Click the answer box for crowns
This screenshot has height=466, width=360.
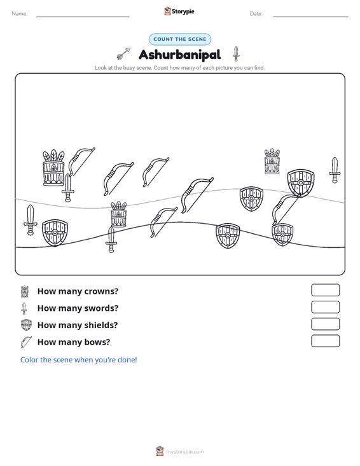tap(325, 290)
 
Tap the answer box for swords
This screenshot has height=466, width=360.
tap(325, 307)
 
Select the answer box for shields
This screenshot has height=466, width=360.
tap(325, 324)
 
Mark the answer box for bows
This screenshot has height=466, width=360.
tap(325, 341)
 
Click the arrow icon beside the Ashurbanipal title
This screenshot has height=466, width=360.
tap(123, 53)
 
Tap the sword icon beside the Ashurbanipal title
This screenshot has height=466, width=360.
tap(236, 53)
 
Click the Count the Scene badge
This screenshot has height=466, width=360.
tap(180, 39)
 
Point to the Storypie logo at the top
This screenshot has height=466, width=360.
tap(179, 11)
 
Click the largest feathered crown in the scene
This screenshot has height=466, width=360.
tap(53, 168)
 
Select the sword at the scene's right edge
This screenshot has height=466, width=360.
tap(335, 170)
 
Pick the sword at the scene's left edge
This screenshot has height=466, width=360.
tap(31, 220)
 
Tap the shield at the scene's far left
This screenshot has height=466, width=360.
tap(55, 233)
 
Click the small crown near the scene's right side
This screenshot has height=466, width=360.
tap(272, 161)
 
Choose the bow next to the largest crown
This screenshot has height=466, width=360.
tap(81, 162)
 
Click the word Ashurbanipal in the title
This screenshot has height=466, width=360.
tap(180, 55)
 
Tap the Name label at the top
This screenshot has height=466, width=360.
tap(20, 14)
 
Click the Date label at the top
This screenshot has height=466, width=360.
tap(256, 14)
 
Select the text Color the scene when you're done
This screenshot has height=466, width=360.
tap(78, 360)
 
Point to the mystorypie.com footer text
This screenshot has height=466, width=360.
tap(185, 452)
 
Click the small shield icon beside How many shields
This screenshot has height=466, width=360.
tap(26, 325)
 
